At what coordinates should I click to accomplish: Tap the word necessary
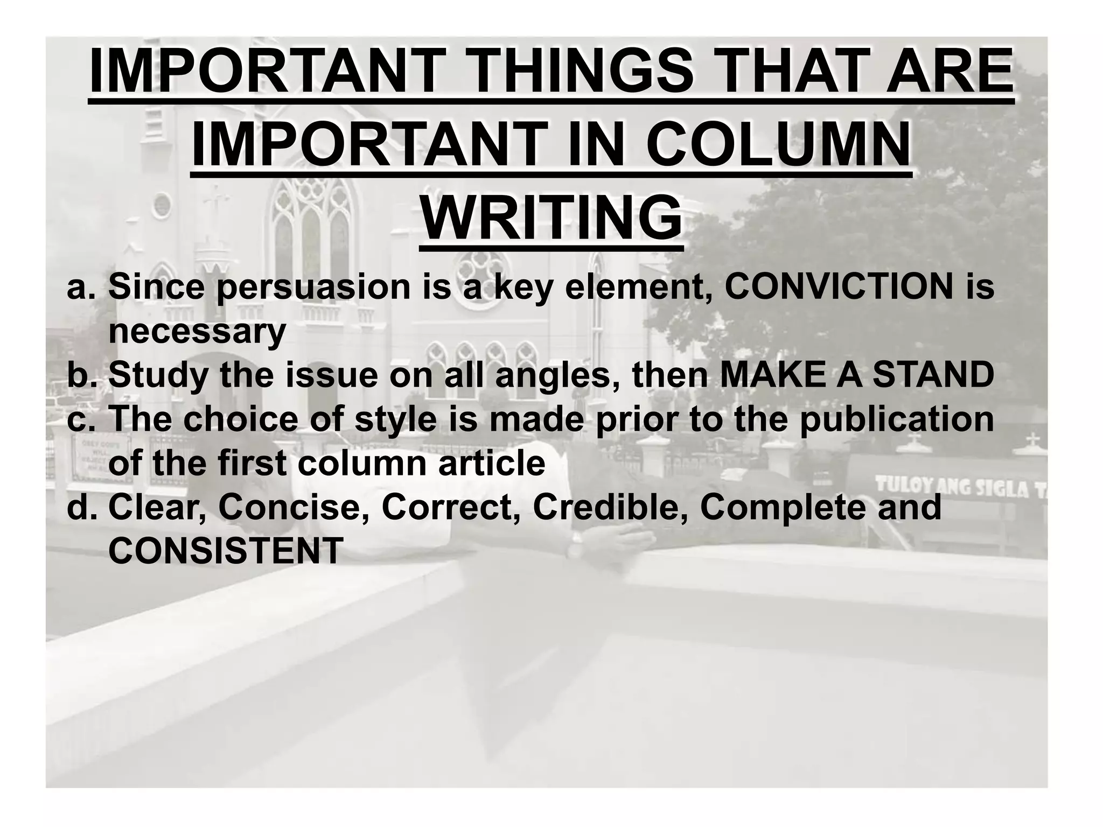coord(197,332)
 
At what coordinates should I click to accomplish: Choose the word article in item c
coord(491,464)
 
